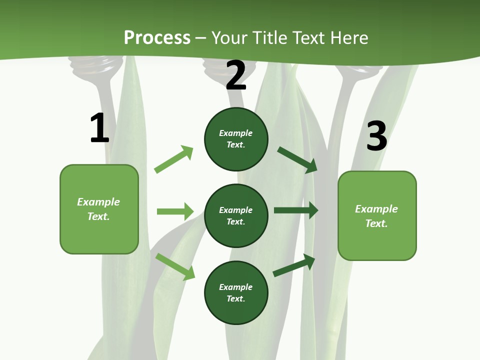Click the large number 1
coord(99,128)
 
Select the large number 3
coord(376,136)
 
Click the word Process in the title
coord(157,37)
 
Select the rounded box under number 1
coord(99,209)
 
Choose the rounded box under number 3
coord(377,215)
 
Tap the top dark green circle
coord(236,139)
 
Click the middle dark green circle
coord(236,215)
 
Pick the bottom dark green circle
coord(236,292)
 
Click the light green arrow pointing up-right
coord(174,159)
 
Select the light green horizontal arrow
coord(175,211)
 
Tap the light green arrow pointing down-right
coord(175,266)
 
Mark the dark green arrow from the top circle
coord(297,159)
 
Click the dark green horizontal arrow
coord(296,210)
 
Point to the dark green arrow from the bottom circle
coord(294,265)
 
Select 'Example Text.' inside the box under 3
coord(376,216)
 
